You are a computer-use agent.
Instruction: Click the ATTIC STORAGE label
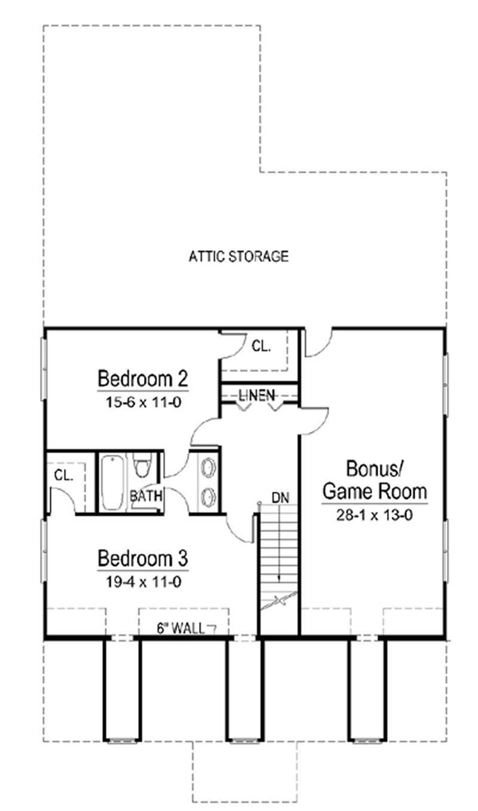click(239, 257)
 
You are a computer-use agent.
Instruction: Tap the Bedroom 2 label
click(143, 379)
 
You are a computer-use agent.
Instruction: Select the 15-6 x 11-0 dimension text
click(143, 402)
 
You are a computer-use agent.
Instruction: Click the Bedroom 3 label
click(143, 559)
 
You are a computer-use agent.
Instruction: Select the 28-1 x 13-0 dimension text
click(375, 514)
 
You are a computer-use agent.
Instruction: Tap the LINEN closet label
click(257, 395)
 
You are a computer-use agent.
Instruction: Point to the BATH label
click(143, 496)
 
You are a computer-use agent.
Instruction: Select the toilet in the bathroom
click(142, 465)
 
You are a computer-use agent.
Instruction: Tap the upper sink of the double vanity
click(208, 466)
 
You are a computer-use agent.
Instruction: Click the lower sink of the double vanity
click(208, 495)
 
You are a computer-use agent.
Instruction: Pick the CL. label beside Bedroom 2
click(261, 345)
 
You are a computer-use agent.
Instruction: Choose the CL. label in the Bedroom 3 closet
click(63, 476)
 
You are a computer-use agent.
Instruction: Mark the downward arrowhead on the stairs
click(279, 576)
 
